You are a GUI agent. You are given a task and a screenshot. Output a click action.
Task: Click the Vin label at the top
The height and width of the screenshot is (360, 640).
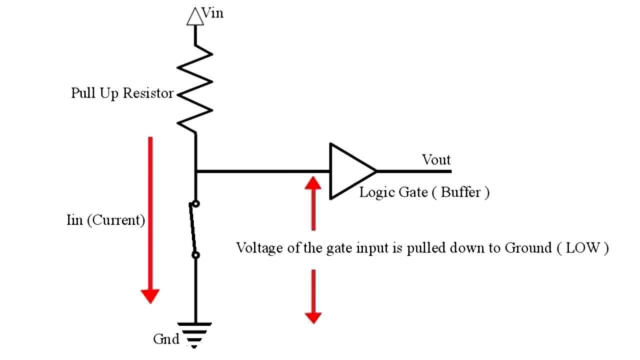[x=212, y=13]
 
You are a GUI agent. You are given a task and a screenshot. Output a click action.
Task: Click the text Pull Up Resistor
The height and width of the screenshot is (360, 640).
[x=122, y=93]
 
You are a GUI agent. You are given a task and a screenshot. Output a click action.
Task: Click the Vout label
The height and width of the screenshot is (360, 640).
[x=436, y=160]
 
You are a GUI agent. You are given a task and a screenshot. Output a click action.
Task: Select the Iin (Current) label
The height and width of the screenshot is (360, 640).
[x=105, y=220]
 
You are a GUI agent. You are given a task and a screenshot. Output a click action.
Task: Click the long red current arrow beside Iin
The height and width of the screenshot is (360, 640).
[x=149, y=220]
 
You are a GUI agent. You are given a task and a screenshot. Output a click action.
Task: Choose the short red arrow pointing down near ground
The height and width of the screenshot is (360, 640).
[x=313, y=296]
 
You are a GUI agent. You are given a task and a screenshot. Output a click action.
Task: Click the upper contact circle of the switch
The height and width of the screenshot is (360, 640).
[x=195, y=203]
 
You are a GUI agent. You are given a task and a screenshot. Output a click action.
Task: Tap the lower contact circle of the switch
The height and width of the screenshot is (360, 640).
[x=195, y=255]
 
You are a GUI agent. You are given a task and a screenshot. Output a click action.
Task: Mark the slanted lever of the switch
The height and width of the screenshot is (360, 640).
[x=192, y=229]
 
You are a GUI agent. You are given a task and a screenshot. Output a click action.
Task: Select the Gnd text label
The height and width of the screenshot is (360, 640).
[x=166, y=339]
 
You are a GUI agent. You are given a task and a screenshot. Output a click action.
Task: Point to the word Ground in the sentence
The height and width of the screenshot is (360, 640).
[x=526, y=248]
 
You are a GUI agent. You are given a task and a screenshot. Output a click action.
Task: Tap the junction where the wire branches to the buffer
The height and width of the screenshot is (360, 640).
[x=195, y=171]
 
